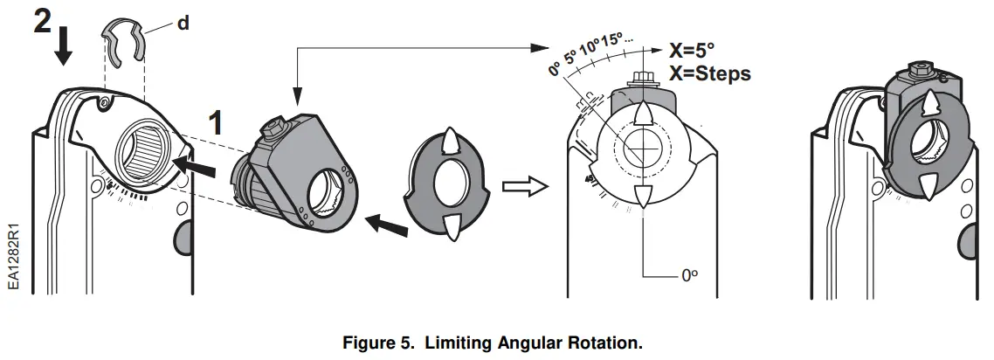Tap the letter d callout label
(183, 24)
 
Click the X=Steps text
(708, 73)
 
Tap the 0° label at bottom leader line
(689, 276)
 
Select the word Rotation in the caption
(606, 343)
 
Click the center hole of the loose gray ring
(450, 186)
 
